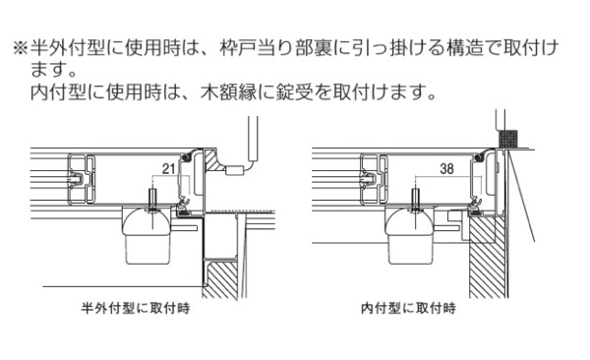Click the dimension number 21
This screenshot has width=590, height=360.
(x=169, y=168)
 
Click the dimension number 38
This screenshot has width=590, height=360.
(x=446, y=168)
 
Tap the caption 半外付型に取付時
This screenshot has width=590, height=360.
(x=136, y=309)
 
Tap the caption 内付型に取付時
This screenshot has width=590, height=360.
(x=409, y=309)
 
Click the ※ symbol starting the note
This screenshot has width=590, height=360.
(x=21, y=48)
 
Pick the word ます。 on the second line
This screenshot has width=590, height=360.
(x=54, y=71)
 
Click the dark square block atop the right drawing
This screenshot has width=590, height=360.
(x=508, y=139)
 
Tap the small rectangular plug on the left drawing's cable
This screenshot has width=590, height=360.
(x=234, y=170)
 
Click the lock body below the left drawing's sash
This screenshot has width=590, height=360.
(x=147, y=235)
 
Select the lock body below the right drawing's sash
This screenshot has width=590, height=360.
(x=410, y=235)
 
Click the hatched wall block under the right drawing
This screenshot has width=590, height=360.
(x=488, y=256)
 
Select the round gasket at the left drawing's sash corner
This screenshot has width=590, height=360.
(x=185, y=157)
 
